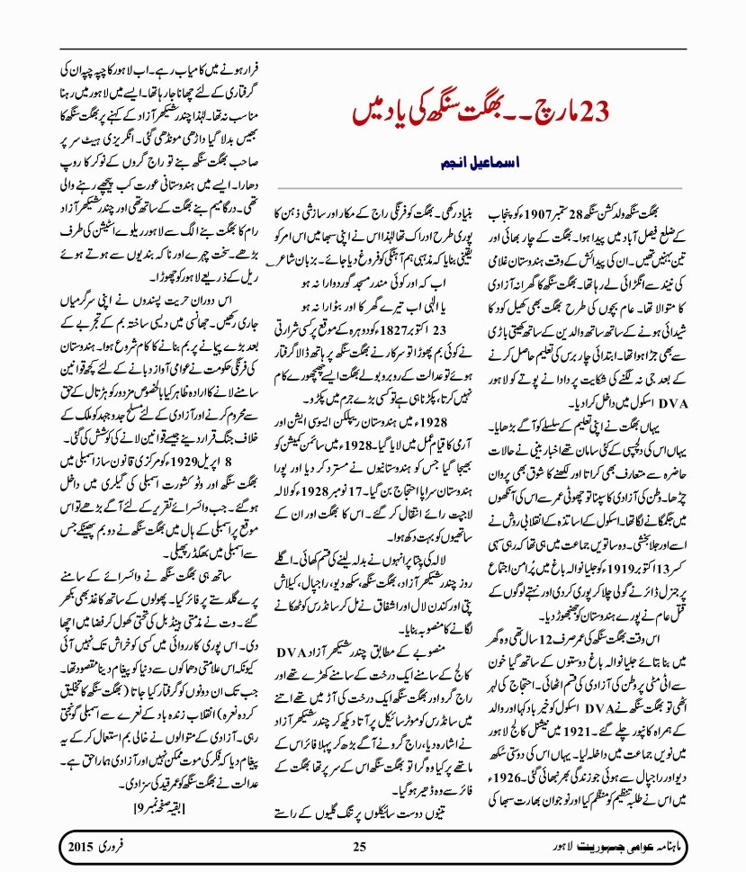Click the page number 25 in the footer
coord(360,845)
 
